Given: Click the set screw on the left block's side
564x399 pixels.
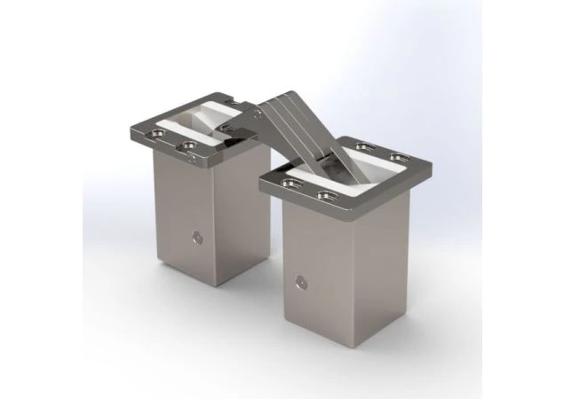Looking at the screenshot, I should pos(195,238).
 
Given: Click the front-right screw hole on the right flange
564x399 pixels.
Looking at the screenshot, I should pos(321,192).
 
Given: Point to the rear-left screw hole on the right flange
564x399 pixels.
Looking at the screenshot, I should pos(362,145).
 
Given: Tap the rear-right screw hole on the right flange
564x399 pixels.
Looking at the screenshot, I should pos(392,153).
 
